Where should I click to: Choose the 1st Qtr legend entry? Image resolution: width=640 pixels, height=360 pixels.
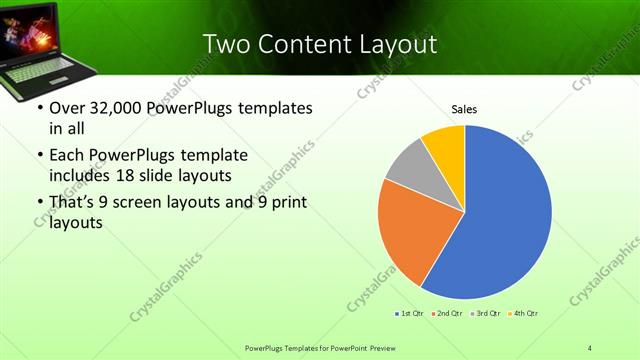tap(409, 314)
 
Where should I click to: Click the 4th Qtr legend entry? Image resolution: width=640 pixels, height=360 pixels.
tap(526, 314)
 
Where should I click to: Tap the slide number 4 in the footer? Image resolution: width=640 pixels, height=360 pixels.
tap(589, 347)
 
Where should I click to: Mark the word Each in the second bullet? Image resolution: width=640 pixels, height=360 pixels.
tap(68, 155)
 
